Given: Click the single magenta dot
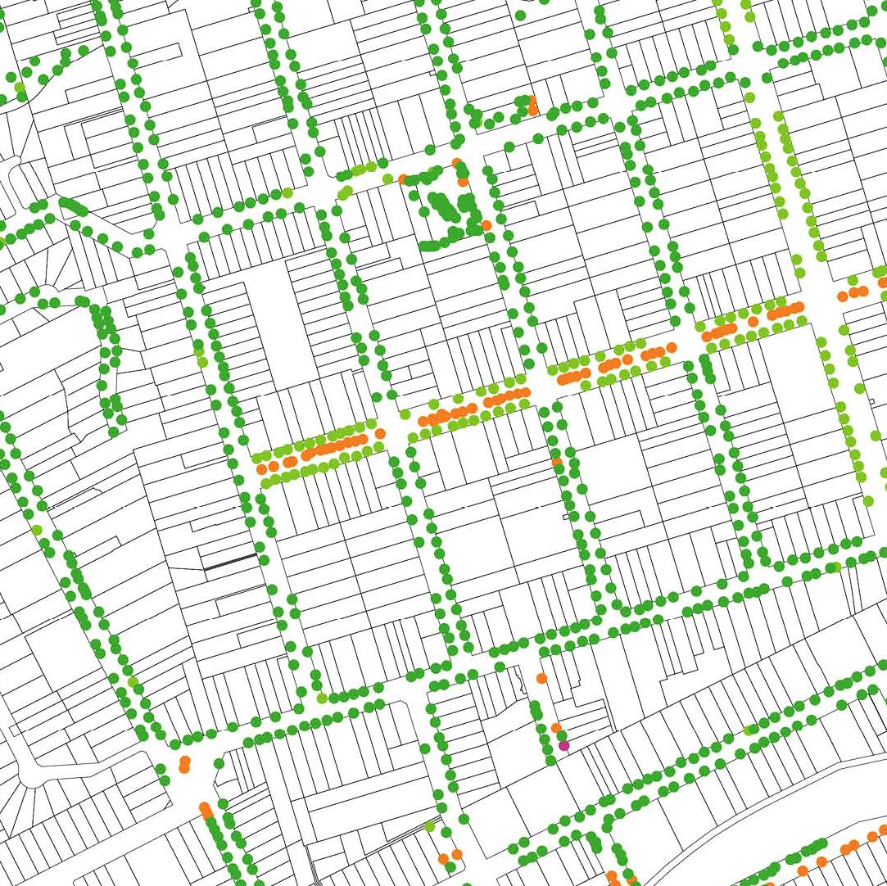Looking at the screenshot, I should [563, 745].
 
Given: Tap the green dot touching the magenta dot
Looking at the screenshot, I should [561, 735].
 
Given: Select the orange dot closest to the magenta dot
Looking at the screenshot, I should [556, 727].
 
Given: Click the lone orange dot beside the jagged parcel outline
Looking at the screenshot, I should [541, 678].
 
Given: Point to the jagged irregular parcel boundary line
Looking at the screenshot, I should [521, 680].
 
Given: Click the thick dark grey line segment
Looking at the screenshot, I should [230, 563].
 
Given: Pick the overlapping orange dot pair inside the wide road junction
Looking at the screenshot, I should [184, 765].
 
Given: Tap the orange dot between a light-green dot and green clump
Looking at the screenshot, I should [402, 179].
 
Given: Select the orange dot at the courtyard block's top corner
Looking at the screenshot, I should [456, 163].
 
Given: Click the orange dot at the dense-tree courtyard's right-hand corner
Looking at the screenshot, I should [486, 224].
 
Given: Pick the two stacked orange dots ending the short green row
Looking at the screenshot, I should [532, 105].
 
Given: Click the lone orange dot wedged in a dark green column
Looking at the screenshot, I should [557, 463].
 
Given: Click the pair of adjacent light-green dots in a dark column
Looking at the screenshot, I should [201, 356].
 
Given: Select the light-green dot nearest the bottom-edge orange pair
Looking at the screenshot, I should [429, 826].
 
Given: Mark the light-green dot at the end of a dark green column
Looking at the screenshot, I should [322, 698].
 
